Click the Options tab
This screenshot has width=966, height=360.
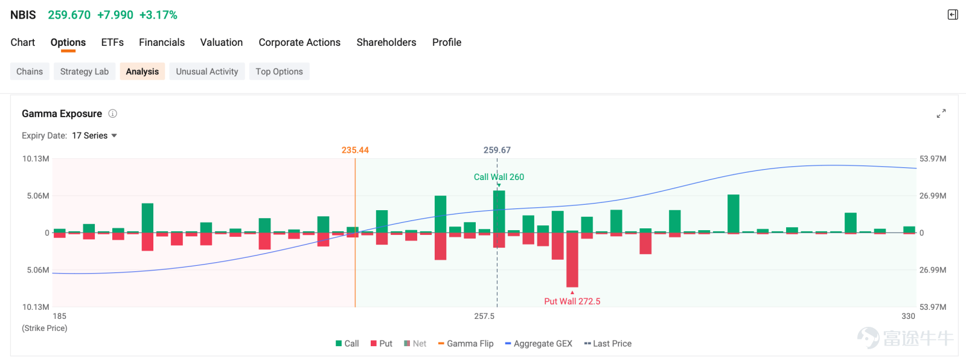click(68, 42)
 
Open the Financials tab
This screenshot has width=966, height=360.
click(162, 42)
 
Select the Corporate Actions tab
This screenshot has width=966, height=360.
click(299, 42)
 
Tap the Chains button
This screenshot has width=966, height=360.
click(30, 72)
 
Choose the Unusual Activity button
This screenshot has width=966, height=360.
click(207, 72)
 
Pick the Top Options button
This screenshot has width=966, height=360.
click(279, 72)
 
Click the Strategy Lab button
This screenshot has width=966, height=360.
click(85, 72)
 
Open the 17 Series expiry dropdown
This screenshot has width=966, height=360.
click(94, 135)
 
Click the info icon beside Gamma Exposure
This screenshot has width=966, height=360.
click(112, 114)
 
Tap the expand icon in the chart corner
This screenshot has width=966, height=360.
click(941, 114)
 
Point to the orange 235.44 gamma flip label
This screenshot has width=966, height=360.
click(356, 150)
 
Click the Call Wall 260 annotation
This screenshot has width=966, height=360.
click(499, 177)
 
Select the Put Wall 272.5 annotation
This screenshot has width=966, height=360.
click(572, 301)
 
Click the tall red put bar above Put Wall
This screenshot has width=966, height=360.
click(572, 260)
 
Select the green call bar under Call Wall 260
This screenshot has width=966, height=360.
click(499, 211)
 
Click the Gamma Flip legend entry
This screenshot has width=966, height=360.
click(465, 344)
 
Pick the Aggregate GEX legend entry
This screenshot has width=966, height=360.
click(539, 344)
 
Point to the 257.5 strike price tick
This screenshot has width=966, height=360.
click(484, 317)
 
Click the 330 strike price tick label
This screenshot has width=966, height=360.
click(908, 317)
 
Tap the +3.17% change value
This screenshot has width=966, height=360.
click(158, 15)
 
